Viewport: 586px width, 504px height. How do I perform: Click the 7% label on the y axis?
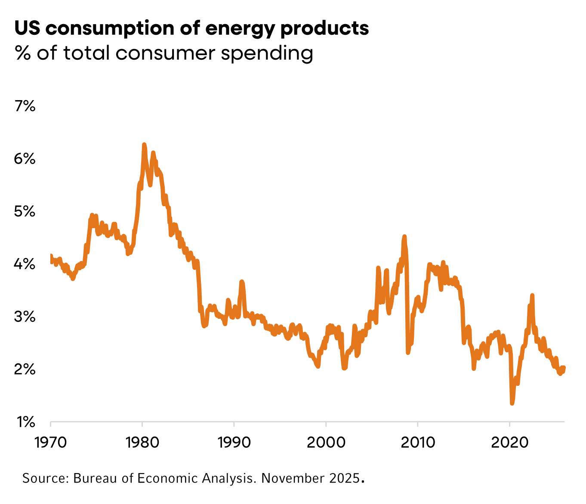pyautogui.click(x=25, y=106)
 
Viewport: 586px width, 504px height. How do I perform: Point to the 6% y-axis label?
pyautogui.click(x=25, y=159)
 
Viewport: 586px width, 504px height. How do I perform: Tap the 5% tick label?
pyautogui.click(x=25, y=212)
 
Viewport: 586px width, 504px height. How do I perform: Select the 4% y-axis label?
pyautogui.click(x=25, y=264)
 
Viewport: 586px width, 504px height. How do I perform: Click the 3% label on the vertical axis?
pyautogui.click(x=25, y=317)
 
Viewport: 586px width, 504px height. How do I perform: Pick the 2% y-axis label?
pyautogui.click(x=25, y=370)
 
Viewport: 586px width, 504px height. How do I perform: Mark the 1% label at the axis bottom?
pyautogui.click(x=25, y=422)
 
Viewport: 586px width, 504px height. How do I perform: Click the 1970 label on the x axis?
pyautogui.click(x=50, y=442)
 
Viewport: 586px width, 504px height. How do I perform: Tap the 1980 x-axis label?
pyautogui.click(x=142, y=442)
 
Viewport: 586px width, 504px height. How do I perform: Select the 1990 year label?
pyautogui.click(x=234, y=442)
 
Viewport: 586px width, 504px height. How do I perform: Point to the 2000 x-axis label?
pyautogui.click(x=326, y=442)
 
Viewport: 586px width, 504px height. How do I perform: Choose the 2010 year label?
pyautogui.click(x=417, y=442)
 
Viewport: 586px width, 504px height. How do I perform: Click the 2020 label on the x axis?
pyautogui.click(x=509, y=442)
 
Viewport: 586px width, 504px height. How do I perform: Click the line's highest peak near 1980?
pyautogui.click(x=144, y=145)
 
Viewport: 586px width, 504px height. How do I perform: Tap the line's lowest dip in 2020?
pyautogui.click(x=512, y=403)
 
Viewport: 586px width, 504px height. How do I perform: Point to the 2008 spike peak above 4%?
pyautogui.click(x=404, y=236)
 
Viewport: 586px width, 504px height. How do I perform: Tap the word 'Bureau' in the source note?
pyautogui.click(x=95, y=478)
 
